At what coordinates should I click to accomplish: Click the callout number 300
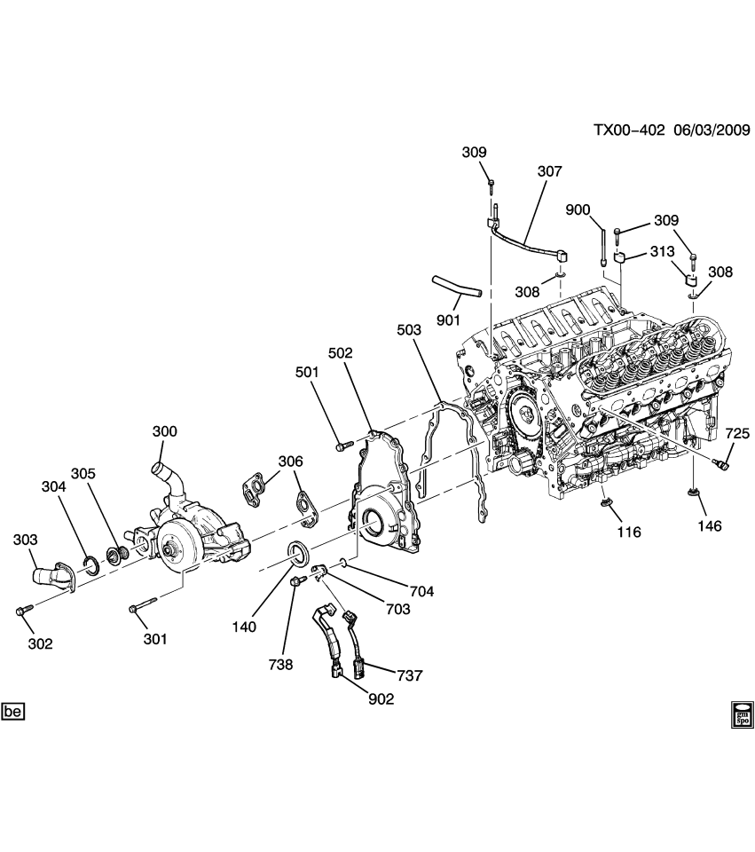point(164,431)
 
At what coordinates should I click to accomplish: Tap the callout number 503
point(409,330)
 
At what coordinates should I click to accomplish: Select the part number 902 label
point(381,699)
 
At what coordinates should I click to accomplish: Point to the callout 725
point(737,433)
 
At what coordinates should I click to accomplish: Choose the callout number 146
point(709,526)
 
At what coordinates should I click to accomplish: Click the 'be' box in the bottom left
point(12,712)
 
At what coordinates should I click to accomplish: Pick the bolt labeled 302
point(21,611)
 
